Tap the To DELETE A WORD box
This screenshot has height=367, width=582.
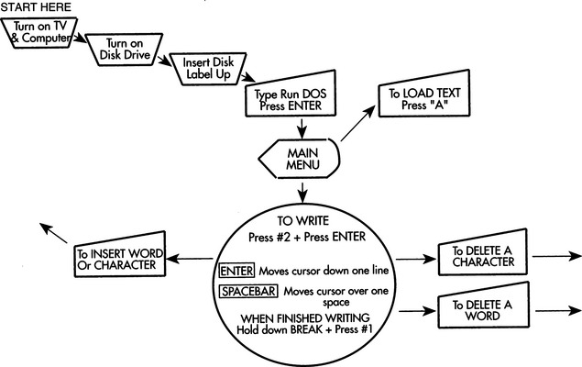477,310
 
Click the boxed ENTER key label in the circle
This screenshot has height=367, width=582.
236,272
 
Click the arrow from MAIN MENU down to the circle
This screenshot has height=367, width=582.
302,193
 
